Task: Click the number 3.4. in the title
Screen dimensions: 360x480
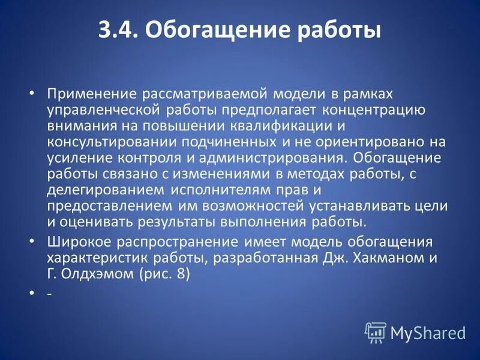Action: coord(118,30)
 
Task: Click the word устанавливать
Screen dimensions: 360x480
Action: coord(356,206)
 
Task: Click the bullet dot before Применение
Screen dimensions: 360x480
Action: coord(33,95)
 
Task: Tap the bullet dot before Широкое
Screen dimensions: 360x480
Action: coord(33,242)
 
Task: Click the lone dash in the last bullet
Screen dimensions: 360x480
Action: coord(48,295)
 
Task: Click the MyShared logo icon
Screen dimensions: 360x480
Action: coord(375,332)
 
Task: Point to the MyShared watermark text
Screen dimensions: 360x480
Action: coord(428,332)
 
